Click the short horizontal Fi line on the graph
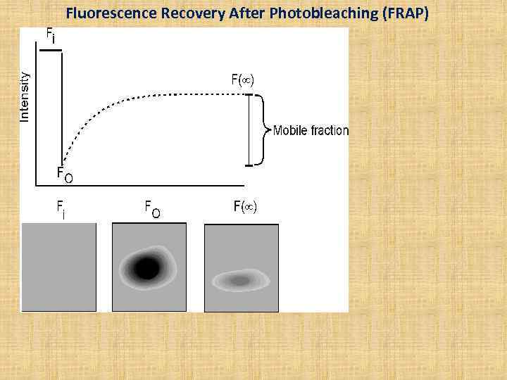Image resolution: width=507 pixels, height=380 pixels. click(51, 49)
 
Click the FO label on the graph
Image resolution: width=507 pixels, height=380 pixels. click(64, 174)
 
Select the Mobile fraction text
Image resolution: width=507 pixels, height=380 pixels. click(311, 130)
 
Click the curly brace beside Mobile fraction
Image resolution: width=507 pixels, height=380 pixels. click(265, 130)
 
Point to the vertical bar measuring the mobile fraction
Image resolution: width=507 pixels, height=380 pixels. click(249, 131)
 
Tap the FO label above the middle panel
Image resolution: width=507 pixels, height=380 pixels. click(152, 208)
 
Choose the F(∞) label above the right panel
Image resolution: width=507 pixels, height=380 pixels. click(246, 207)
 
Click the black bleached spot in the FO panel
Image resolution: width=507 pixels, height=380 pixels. click(146, 268)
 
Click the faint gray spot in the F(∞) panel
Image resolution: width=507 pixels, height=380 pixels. click(240, 281)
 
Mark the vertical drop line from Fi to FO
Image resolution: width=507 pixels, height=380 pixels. click(63, 106)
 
